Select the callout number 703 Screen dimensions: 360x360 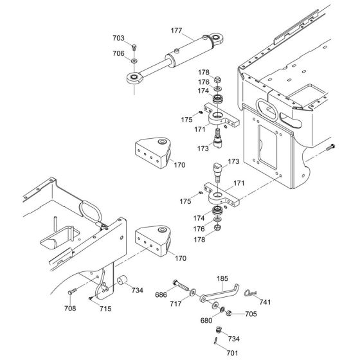pos(120,39)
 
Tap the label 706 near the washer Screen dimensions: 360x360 pos(120,53)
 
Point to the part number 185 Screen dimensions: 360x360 pos(204,279)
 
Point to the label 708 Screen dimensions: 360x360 pos(69,309)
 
